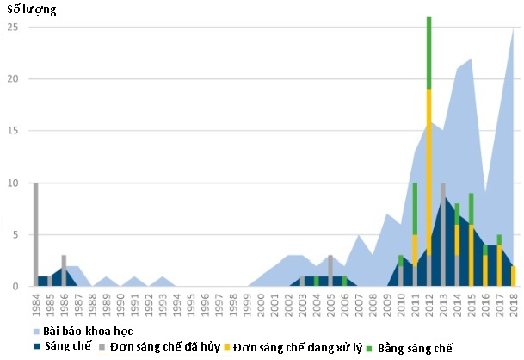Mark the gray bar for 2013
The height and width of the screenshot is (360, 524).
tap(443, 233)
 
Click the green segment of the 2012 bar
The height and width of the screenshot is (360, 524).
tap(428, 52)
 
